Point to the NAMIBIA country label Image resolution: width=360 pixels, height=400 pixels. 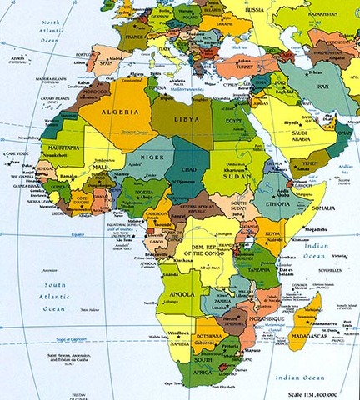[181, 343]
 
